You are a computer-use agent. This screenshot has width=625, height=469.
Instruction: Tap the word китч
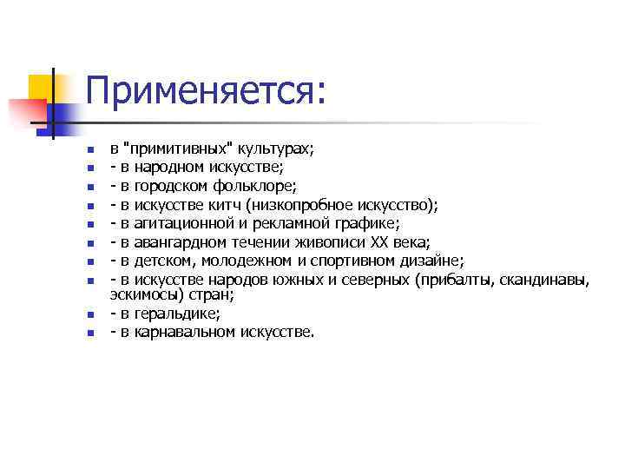coord(223,204)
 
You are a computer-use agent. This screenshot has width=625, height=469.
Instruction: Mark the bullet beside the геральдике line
coord(89,314)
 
